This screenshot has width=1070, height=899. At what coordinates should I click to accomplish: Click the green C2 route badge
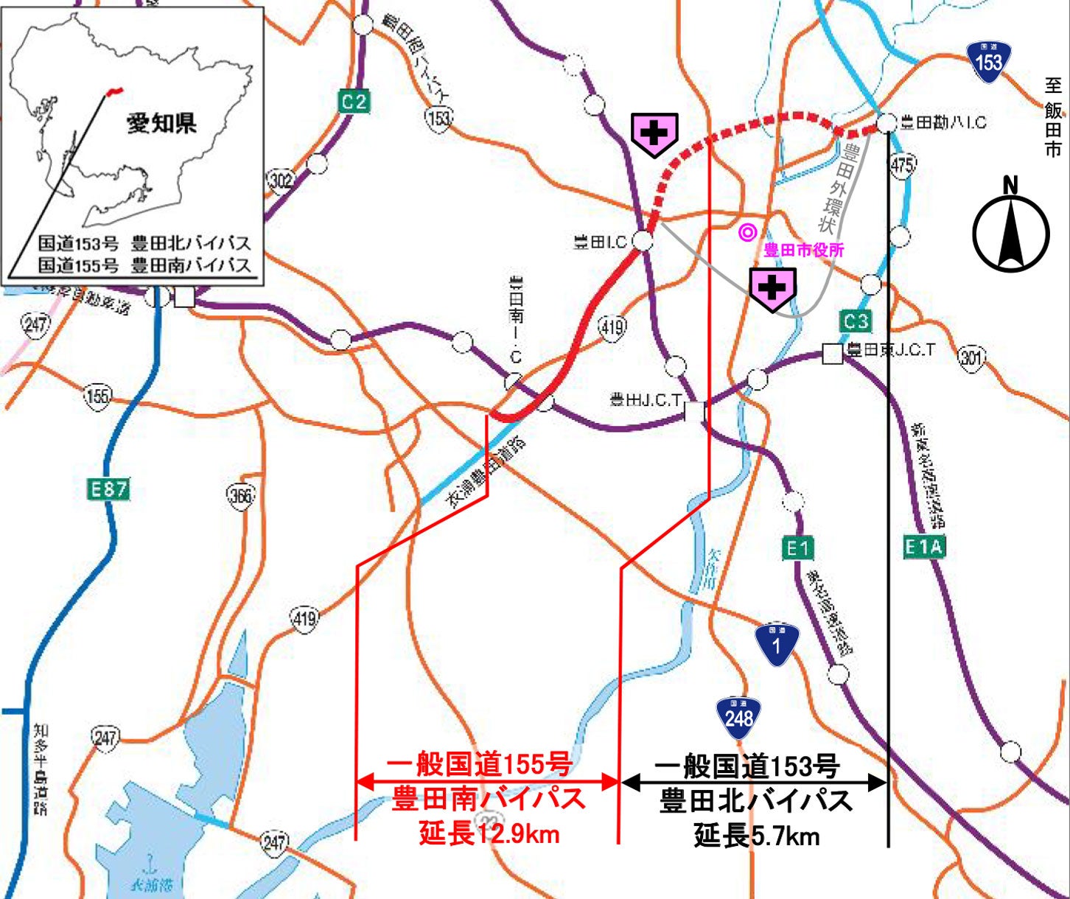(x=354, y=101)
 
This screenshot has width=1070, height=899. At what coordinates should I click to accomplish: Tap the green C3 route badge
(x=856, y=321)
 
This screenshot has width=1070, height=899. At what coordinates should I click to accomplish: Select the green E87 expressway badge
(x=108, y=489)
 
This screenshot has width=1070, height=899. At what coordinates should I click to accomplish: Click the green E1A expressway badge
(x=923, y=547)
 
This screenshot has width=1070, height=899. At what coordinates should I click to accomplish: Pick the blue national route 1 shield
(x=777, y=643)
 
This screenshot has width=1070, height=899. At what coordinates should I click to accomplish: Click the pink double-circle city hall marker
(x=747, y=233)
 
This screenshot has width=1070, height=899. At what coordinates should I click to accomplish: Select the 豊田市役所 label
(x=803, y=250)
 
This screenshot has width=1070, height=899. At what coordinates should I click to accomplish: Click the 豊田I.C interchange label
(x=600, y=242)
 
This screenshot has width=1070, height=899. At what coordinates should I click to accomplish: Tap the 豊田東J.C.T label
(x=891, y=350)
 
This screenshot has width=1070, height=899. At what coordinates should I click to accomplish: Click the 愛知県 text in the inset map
(x=162, y=123)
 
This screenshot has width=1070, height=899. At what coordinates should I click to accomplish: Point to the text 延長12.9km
(x=489, y=834)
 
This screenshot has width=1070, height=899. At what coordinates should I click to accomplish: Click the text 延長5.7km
(x=756, y=836)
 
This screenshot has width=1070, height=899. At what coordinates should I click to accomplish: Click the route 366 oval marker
(x=240, y=496)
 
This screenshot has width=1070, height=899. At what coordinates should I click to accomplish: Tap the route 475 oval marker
(x=902, y=164)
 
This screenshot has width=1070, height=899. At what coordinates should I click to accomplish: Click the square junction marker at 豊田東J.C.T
(x=832, y=354)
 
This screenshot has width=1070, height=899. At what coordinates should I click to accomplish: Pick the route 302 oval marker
(x=281, y=180)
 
